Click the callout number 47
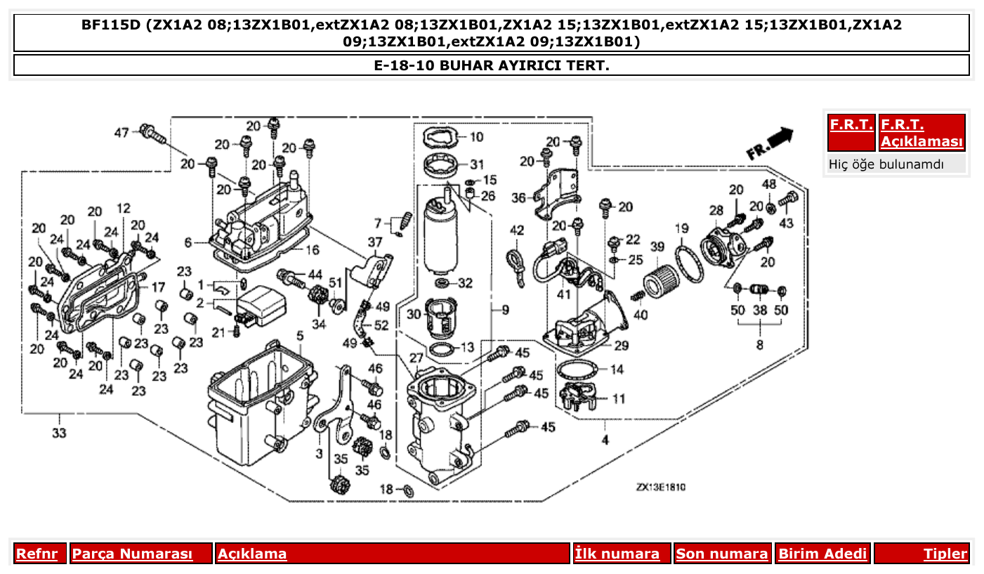tap(122, 132)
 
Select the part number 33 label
tap(59, 433)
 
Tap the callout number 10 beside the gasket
tap(476, 137)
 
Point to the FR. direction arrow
tap(770, 143)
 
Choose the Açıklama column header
tap(252, 554)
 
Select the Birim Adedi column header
tap(822, 554)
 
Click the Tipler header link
tap(945, 554)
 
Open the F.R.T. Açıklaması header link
tap(921, 133)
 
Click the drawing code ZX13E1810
tap(661, 487)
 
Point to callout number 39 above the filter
tap(657, 247)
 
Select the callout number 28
tap(716, 211)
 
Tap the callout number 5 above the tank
tap(299, 337)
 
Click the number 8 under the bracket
tap(759, 345)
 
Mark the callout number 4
tap(605, 441)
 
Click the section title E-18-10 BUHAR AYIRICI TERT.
tap(491, 65)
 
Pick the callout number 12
tap(124, 209)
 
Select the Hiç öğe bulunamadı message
tap(886, 164)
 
